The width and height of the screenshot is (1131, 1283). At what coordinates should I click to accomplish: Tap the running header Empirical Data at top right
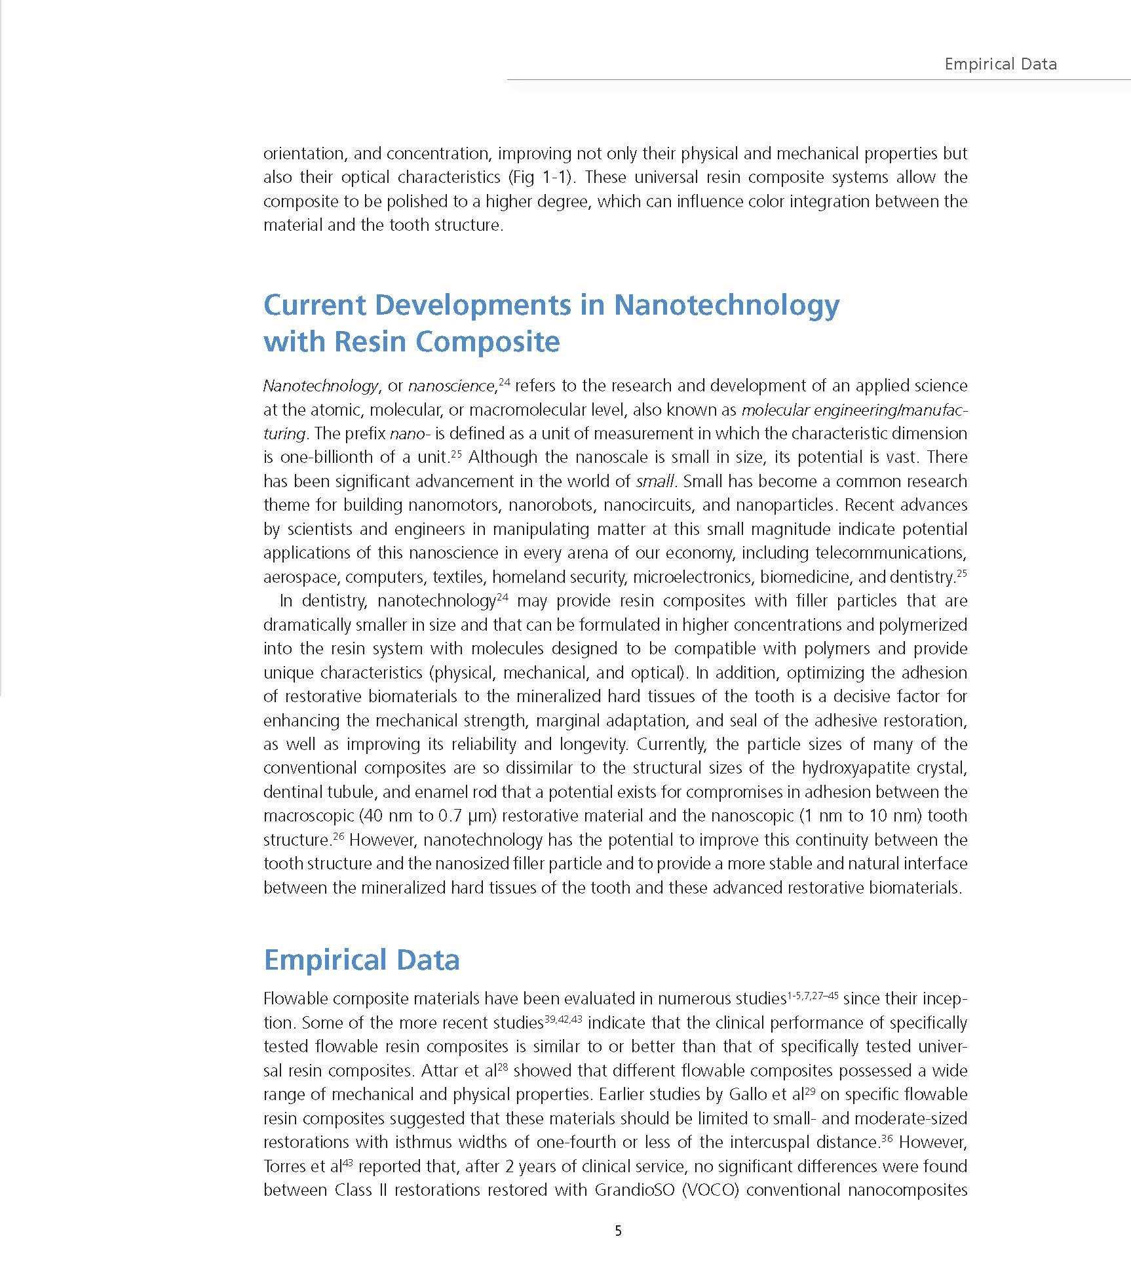click(1000, 64)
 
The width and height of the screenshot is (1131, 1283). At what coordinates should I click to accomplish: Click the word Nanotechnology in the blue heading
click(726, 305)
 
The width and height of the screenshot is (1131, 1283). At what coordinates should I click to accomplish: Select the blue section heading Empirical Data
click(361, 960)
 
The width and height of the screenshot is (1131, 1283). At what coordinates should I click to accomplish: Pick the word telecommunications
click(891, 553)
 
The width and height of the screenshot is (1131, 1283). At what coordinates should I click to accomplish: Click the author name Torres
click(288, 1166)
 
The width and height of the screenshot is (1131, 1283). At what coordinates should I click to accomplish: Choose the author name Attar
click(440, 1071)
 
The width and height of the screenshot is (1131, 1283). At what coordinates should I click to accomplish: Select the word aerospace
click(301, 577)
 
